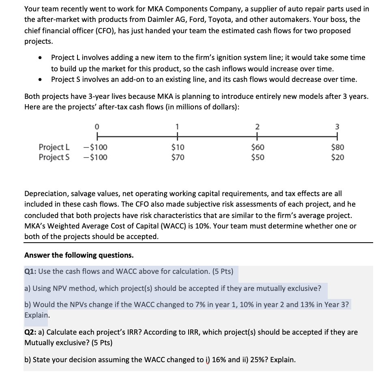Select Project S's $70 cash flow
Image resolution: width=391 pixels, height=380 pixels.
pos(177,157)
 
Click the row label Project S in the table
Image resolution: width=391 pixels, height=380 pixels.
pos(54,157)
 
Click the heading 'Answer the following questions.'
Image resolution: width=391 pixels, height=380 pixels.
pos(79,255)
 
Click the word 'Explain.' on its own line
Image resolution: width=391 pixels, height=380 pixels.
pos(37,315)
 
